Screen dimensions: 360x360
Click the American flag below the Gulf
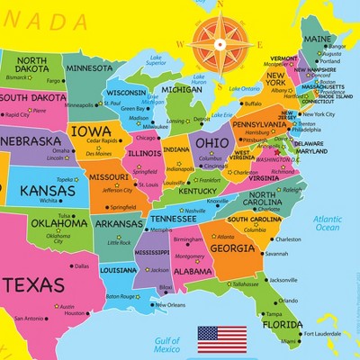[221, 337]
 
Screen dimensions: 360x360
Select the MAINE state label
[319, 40]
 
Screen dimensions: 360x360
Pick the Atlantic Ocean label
[328, 223]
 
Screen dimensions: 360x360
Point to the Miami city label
[288, 342]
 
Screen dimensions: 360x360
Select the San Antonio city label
[29, 318]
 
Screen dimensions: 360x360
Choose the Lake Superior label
[156, 60]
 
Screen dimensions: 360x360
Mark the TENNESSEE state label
[173, 218]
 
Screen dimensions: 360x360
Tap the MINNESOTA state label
[89, 67]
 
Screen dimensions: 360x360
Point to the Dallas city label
[82, 265]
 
